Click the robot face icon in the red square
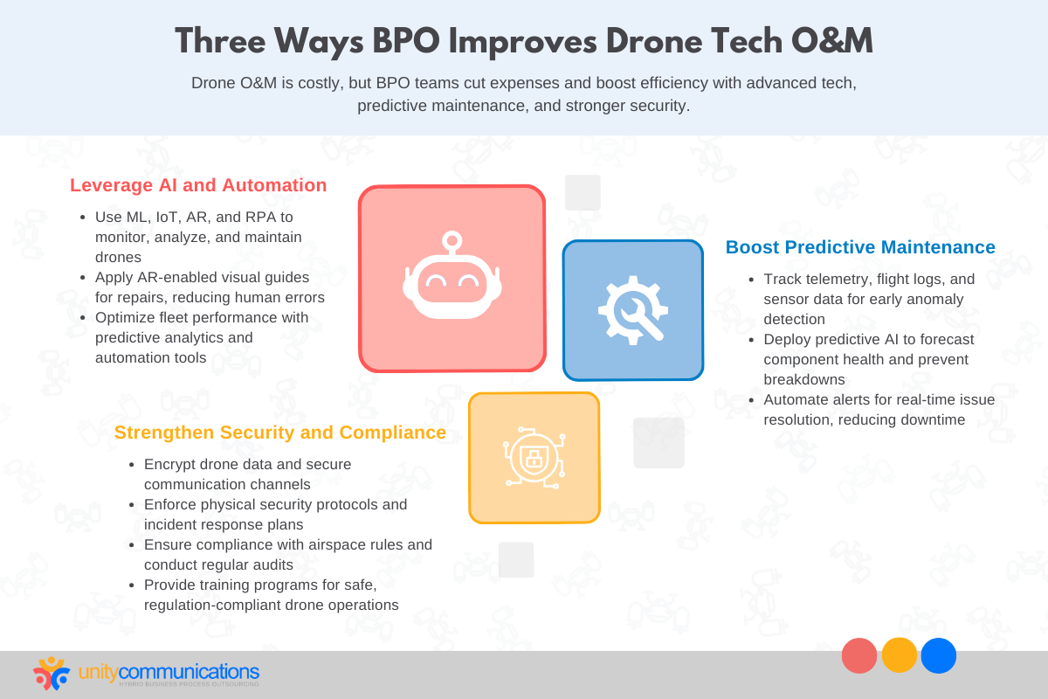click(x=452, y=278)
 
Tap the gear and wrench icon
click(x=632, y=309)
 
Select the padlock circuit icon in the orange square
click(x=534, y=457)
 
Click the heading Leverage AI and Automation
click(x=198, y=185)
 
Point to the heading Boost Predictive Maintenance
click(x=860, y=247)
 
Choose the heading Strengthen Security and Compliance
click(x=279, y=433)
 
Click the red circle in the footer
click(x=859, y=655)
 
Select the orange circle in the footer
click(x=900, y=655)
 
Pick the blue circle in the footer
click(x=939, y=655)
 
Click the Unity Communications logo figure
click(x=52, y=673)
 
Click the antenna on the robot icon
click(x=452, y=240)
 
